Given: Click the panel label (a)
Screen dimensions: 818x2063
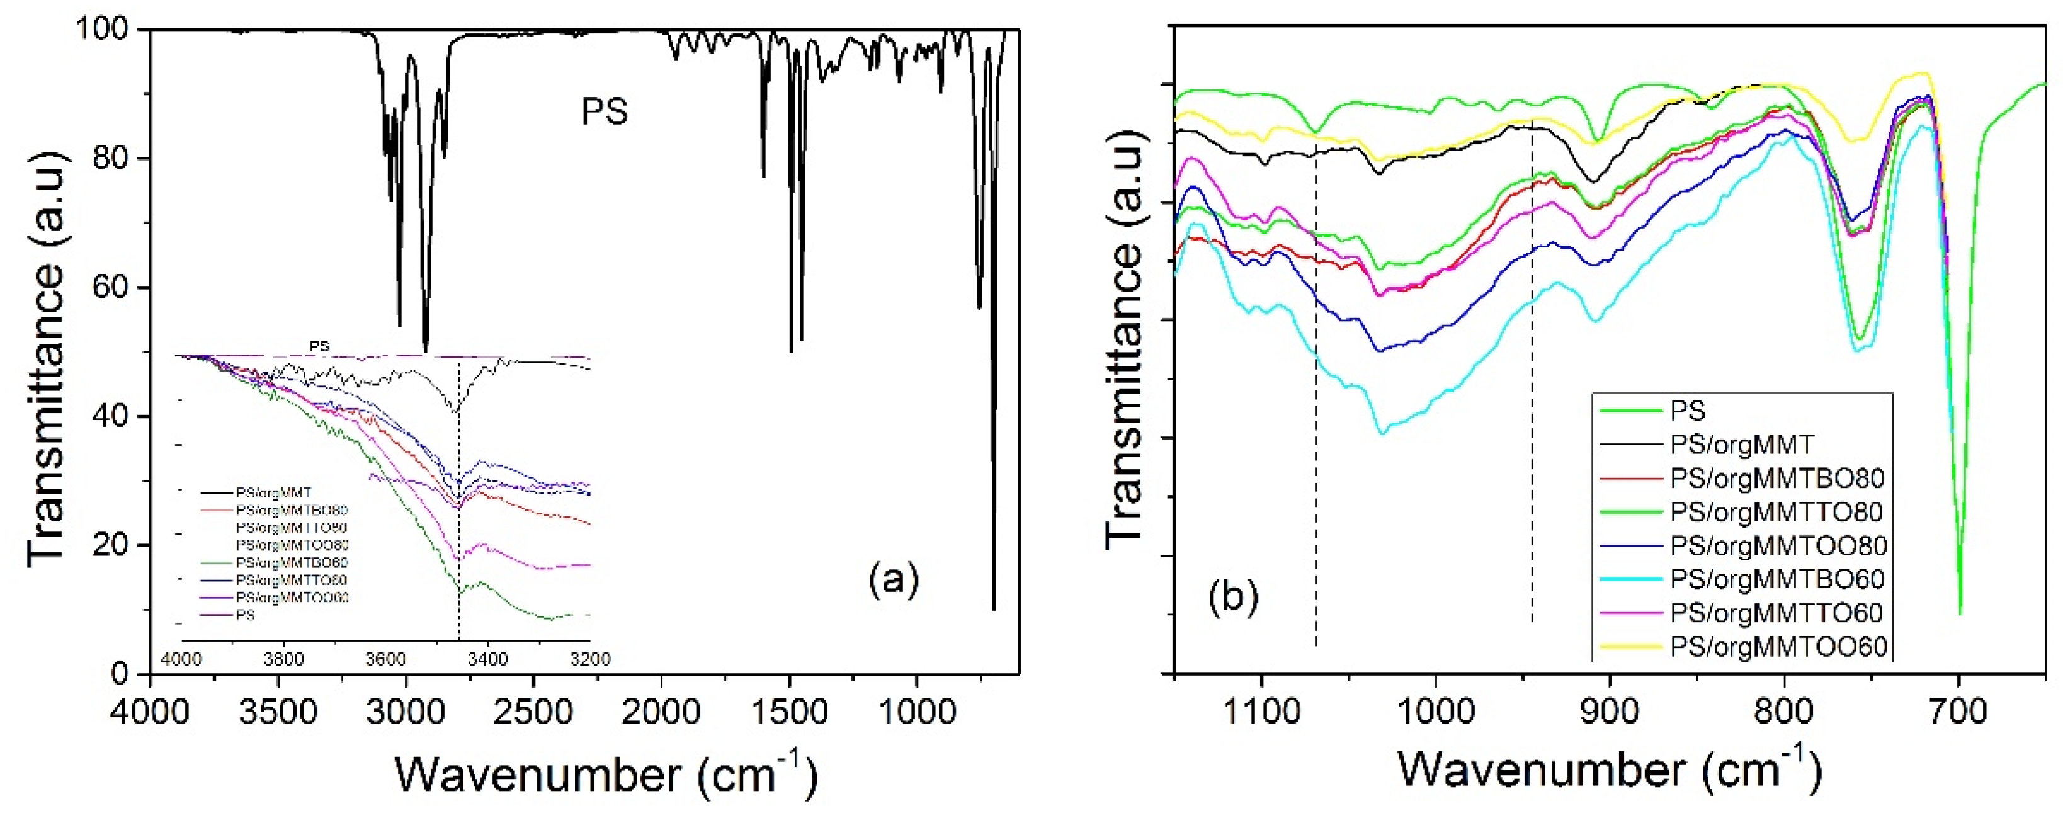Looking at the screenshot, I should pos(894,579).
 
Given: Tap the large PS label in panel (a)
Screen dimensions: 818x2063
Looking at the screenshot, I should pos(605,111).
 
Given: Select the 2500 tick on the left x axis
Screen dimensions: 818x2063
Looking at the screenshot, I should pos(533,710).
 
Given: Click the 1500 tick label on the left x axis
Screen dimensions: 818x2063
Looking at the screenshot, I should pos(790,710).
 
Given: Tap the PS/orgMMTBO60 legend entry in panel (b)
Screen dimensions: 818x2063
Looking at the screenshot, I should pos(1776,579).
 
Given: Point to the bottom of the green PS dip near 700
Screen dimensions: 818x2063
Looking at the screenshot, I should pos(1960,613).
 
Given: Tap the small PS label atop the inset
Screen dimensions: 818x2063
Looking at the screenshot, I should pos(319,346).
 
